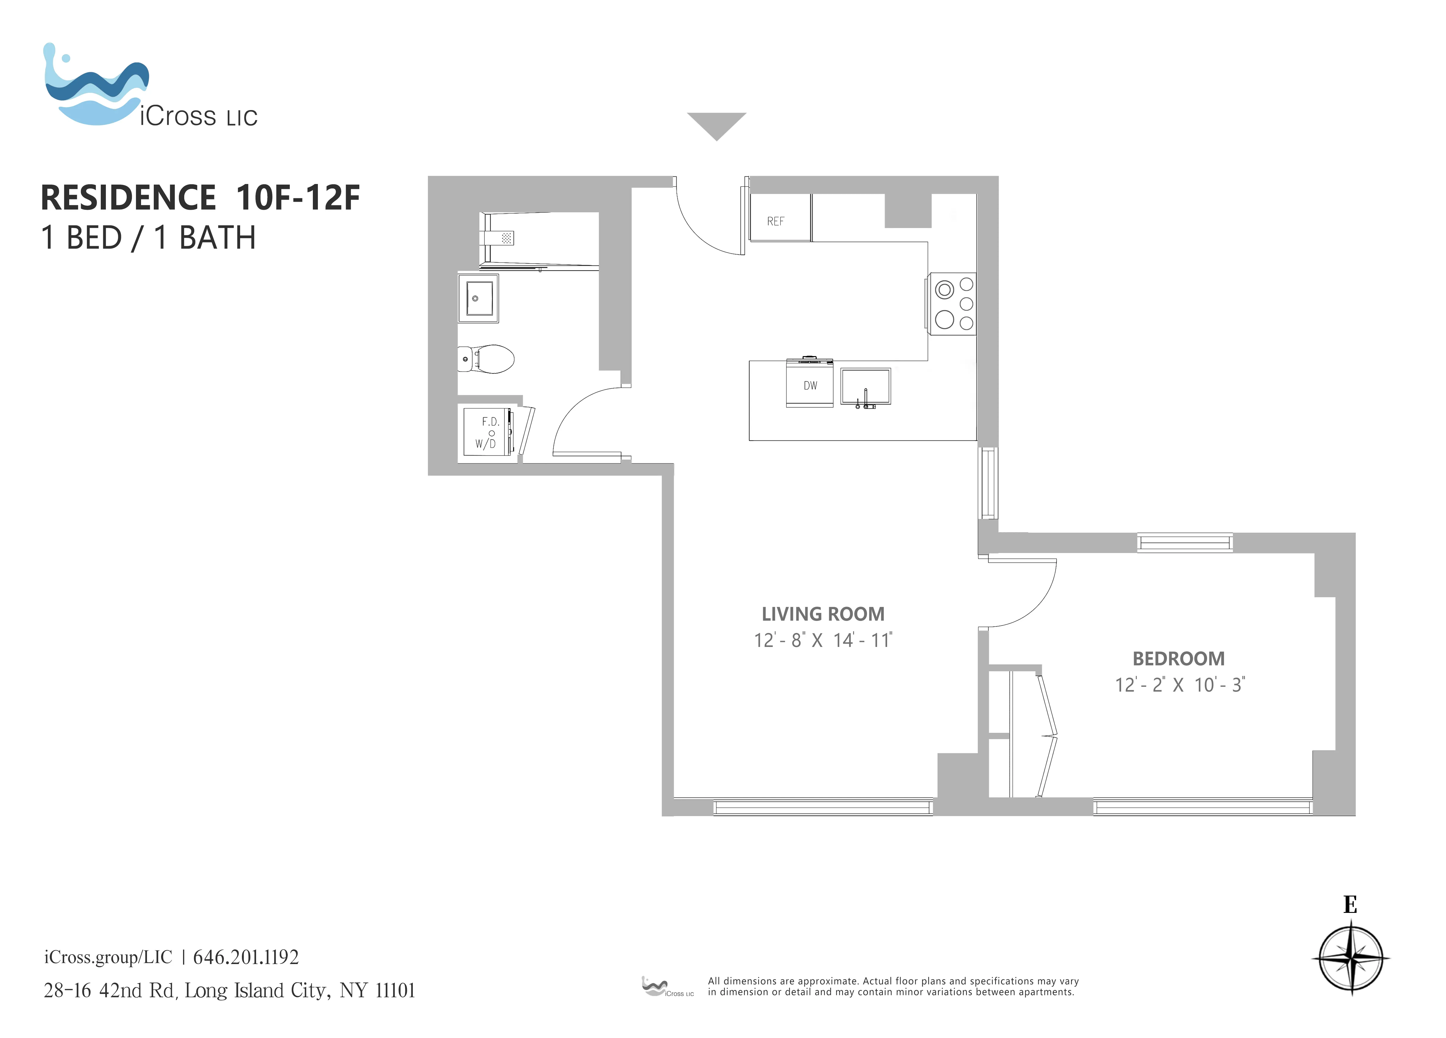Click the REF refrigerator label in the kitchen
point(775,221)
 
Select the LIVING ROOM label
point(822,614)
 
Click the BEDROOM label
point(1178,658)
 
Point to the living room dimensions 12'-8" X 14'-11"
point(822,640)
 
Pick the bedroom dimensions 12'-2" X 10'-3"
point(1180,685)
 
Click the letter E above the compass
point(1350,905)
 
